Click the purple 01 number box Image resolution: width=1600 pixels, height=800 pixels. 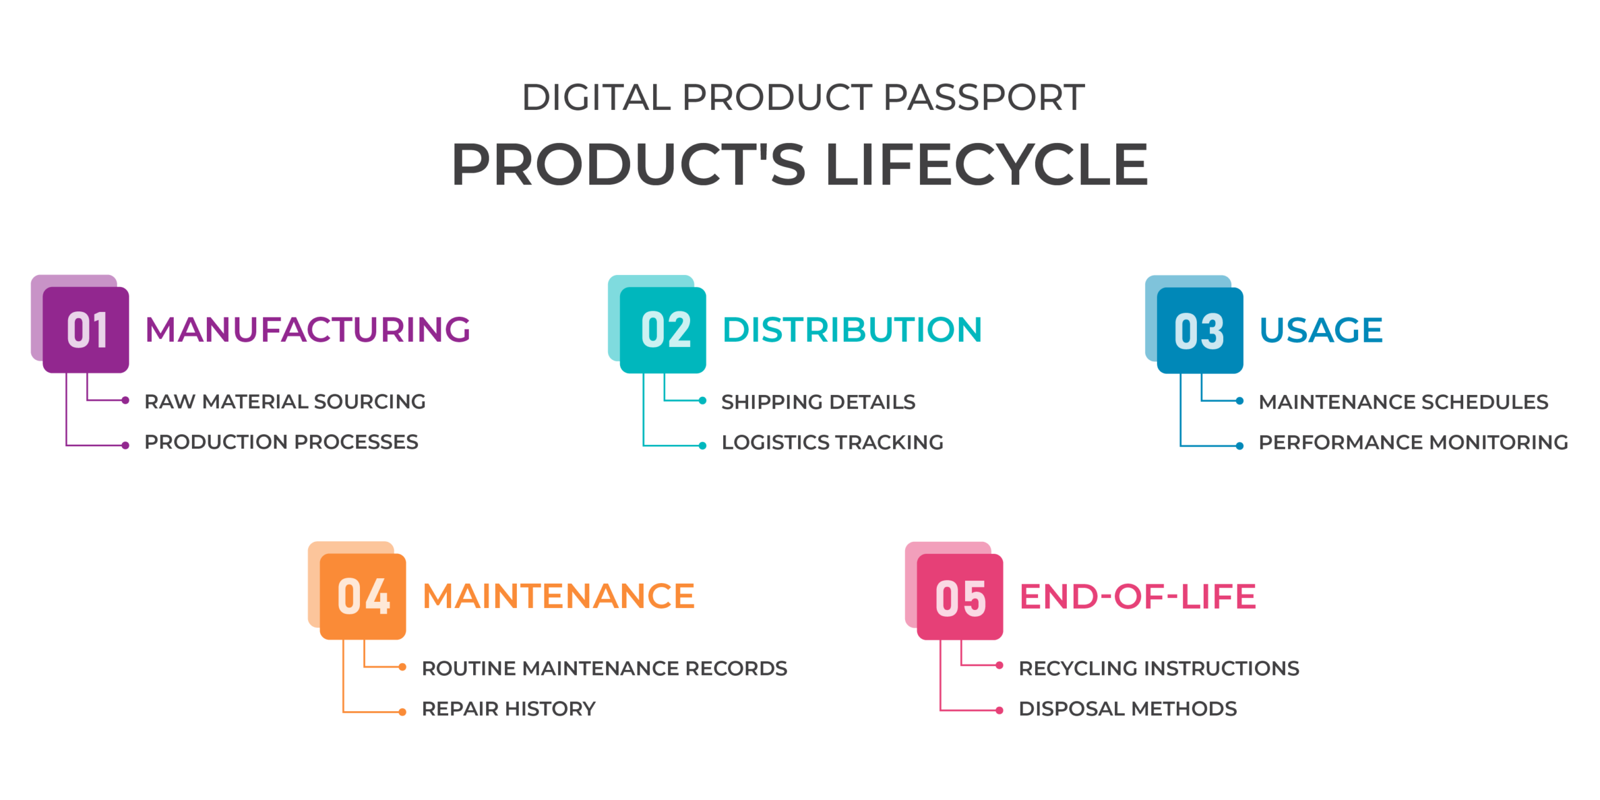[x=86, y=329]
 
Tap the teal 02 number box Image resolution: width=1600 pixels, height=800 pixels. [x=663, y=329]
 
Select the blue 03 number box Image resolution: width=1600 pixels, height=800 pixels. [x=1200, y=330]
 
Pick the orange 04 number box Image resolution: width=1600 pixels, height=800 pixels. [x=363, y=596]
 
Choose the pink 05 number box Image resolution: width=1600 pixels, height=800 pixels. [x=960, y=597]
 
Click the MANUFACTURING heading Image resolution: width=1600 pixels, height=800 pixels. [x=307, y=329]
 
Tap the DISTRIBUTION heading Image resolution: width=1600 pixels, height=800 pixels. [x=852, y=329]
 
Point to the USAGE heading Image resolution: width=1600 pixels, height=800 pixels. [x=1321, y=330]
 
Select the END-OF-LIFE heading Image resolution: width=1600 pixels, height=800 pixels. [x=1137, y=596]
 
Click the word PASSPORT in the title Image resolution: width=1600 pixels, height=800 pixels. [x=984, y=97]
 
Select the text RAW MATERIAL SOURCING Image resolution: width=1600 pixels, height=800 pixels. [x=285, y=401]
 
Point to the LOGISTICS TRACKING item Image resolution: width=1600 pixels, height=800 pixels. [x=832, y=442]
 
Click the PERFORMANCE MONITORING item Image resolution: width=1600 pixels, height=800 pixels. [x=1413, y=442]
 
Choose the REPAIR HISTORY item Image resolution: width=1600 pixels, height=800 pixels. [x=509, y=709]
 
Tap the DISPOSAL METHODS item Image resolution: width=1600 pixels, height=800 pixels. [x=1127, y=709]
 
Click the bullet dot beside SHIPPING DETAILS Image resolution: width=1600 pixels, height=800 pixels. [x=702, y=401]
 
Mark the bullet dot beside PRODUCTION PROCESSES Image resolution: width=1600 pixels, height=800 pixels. [x=126, y=446]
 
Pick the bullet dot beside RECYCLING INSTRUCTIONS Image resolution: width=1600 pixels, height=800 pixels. [x=999, y=666]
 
